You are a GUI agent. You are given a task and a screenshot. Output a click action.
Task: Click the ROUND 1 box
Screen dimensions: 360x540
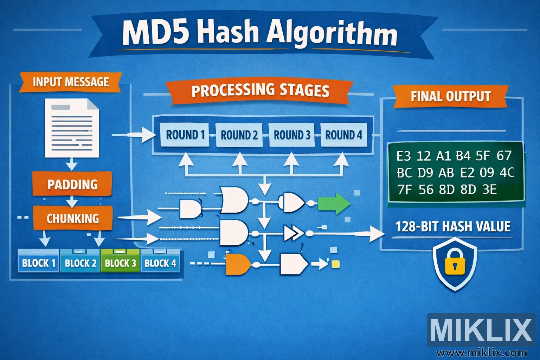click(x=185, y=135)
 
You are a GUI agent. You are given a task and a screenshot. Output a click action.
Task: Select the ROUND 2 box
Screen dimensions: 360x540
click(x=239, y=135)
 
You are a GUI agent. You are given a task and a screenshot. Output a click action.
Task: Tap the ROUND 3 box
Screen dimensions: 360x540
click(x=292, y=135)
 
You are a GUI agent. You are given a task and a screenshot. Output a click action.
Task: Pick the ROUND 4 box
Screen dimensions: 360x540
click(x=343, y=135)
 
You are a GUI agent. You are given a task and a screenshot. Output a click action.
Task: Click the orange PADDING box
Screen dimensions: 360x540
click(x=72, y=184)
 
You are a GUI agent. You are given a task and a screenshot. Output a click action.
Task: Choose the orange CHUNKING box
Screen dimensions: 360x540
click(x=73, y=218)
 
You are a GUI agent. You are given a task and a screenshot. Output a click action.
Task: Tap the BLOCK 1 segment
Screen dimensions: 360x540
click(x=39, y=263)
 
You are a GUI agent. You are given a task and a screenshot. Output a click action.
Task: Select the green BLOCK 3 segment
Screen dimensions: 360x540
click(x=120, y=263)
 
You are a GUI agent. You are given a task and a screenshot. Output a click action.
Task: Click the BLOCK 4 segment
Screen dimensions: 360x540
click(x=160, y=263)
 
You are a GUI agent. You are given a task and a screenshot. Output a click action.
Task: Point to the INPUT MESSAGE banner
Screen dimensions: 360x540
click(x=71, y=82)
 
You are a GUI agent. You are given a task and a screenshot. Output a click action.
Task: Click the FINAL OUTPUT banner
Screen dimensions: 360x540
click(x=450, y=96)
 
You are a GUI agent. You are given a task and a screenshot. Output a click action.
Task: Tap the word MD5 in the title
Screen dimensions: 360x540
click(x=155, y=32)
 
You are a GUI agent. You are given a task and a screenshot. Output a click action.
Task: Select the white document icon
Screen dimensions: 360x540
click(x=72, y=128)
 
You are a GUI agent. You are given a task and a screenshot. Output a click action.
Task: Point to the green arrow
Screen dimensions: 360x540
click(x=334, y=204)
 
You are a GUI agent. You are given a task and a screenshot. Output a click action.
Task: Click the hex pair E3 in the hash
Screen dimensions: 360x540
click(x=403, y=156)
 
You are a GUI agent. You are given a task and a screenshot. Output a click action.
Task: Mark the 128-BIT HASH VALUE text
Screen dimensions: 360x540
click(x=453, y=226)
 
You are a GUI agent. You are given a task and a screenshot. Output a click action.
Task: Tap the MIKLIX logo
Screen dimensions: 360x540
click(x=481, y=330)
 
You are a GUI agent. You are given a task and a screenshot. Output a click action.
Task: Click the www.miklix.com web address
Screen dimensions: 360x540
click(x=481, y=352)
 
